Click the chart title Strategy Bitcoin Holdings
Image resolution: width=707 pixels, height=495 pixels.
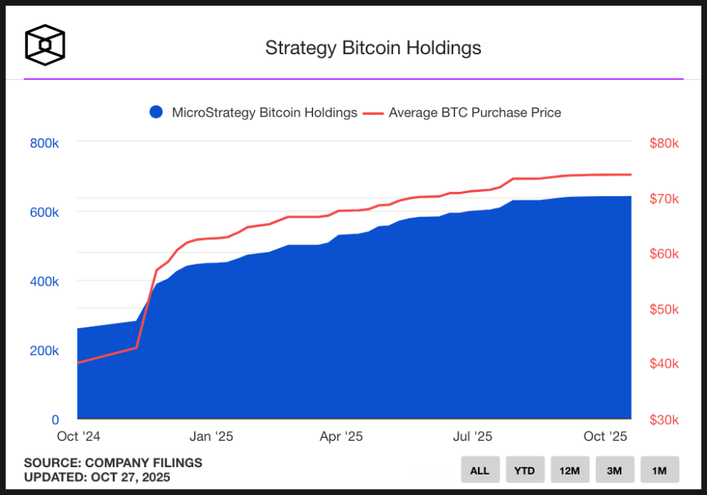point(373,48)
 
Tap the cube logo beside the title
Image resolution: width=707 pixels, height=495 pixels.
point(45,45)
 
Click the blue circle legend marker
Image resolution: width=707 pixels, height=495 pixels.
point(155,112)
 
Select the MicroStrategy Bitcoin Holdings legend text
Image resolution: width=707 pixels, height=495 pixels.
point(264,113)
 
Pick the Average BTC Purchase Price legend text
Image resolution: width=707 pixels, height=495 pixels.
point(475,113)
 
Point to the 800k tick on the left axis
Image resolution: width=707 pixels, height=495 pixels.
point(44,143)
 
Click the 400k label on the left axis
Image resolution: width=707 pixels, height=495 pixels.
point(44,281)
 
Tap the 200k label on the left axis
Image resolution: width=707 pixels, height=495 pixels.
point(44,351)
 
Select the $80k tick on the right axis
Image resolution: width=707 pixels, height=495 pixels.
point(665,143)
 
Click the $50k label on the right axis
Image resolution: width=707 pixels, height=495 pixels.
point(665,309)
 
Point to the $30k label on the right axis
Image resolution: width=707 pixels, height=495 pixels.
point(665,420)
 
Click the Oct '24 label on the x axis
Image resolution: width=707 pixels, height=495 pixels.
point(78,436)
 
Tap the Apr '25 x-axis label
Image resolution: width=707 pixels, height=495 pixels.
point(341,436)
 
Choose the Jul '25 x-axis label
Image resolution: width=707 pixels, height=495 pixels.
point(473,436)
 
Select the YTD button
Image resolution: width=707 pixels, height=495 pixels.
point(524,470)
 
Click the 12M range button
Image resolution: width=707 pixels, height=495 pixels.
point(569,470)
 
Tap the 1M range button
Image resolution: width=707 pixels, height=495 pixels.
point(659,470)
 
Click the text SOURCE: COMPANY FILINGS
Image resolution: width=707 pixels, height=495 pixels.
point(113,463)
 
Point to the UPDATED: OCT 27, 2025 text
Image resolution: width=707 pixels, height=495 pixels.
point(97,477)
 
